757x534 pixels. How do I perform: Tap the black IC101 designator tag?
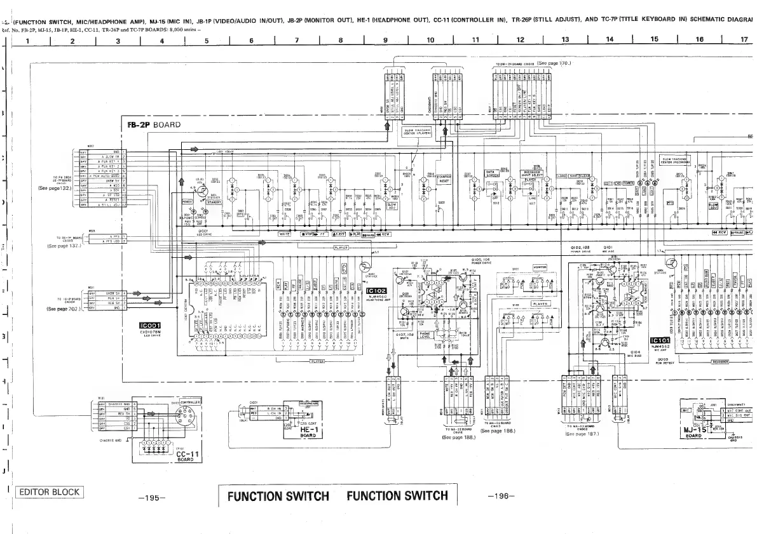660,340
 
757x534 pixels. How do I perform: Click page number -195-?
152,497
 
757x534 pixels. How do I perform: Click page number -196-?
501,497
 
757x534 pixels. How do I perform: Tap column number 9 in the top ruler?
386,40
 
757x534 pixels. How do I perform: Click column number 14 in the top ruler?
610,40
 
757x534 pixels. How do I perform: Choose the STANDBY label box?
218,203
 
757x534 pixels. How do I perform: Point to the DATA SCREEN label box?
490,173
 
